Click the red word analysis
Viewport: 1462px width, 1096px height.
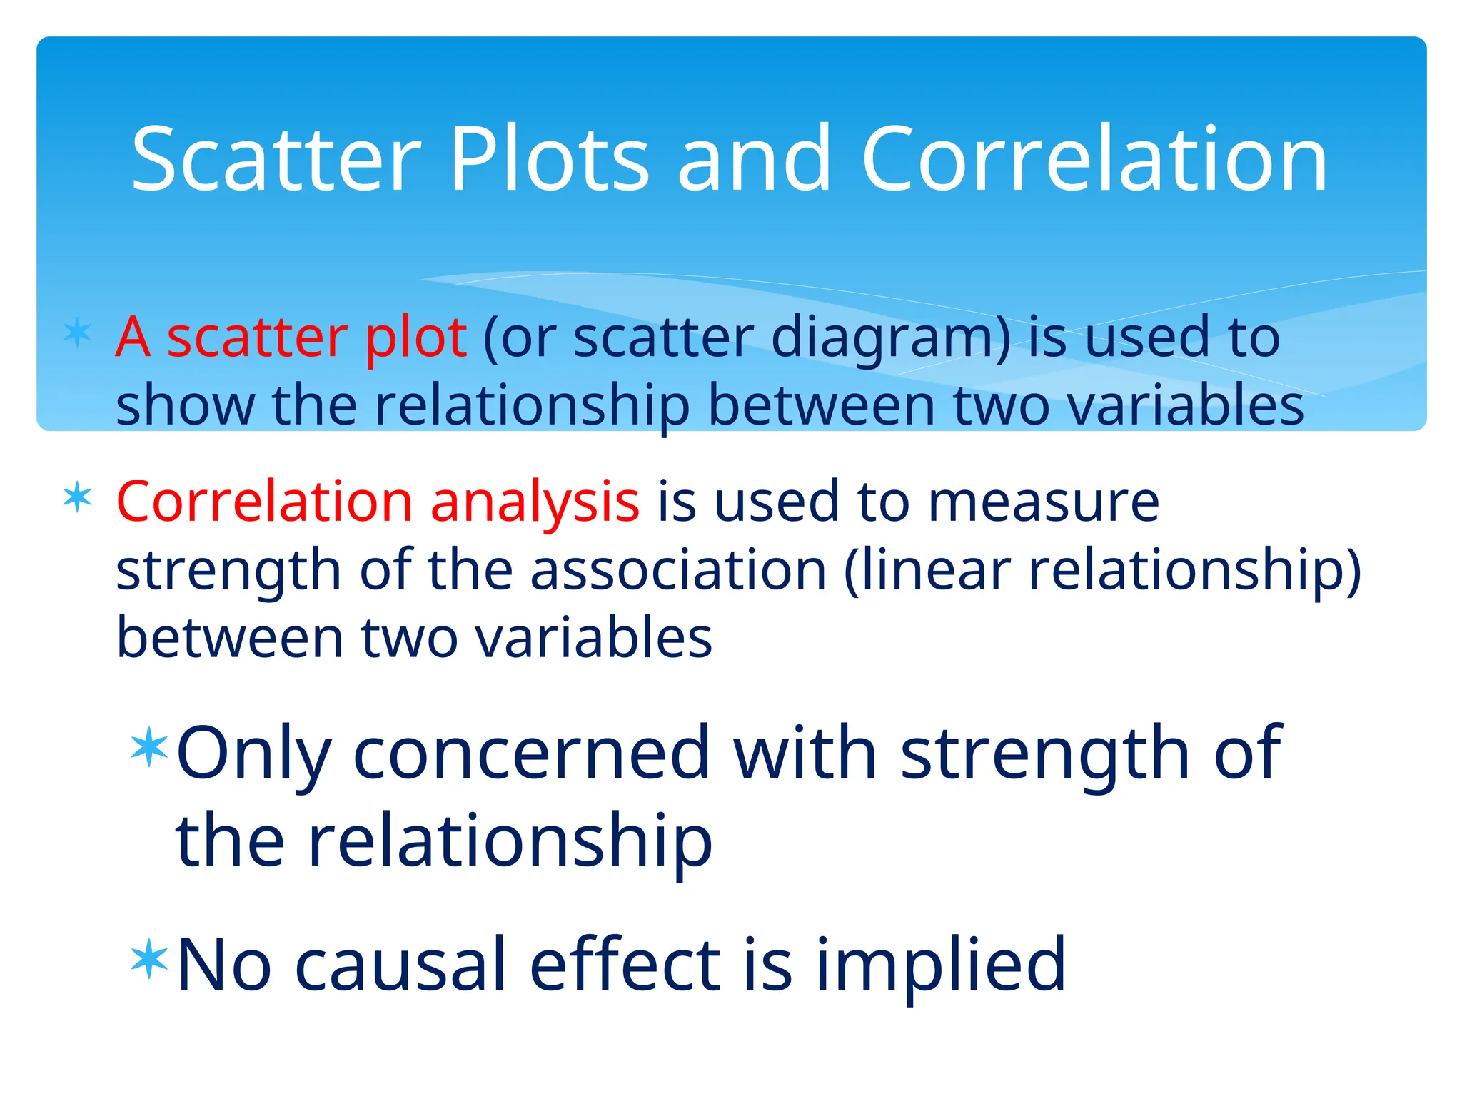535,502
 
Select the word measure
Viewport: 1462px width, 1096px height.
1044,502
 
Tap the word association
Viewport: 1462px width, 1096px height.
678,570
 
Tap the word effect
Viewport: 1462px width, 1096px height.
625,965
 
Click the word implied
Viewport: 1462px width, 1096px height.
940,965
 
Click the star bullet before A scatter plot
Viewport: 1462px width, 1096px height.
77,333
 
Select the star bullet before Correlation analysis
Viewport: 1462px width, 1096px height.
77,497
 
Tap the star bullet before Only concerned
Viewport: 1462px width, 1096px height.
150,747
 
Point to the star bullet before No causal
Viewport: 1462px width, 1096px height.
150,960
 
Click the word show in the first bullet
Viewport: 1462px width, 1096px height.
185,405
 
